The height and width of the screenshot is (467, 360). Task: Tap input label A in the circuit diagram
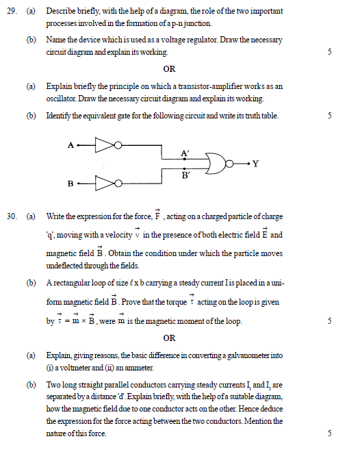(x=70, y=144)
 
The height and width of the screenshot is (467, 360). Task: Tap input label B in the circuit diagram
(x=70, y=184)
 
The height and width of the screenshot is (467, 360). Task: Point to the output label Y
(x=255, y=164)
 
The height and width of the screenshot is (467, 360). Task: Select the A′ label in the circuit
(x=185, y=153)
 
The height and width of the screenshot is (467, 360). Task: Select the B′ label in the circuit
(x=185, y=175)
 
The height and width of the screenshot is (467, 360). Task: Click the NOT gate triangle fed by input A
(x=104, y=144)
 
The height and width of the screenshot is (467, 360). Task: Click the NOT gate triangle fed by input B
(x=104, y=184)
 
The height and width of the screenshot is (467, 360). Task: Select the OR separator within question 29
(x=170, y=69)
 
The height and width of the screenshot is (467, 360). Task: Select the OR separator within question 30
(x=170, y=338)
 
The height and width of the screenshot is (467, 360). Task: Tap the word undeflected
(x=66, y=266)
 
